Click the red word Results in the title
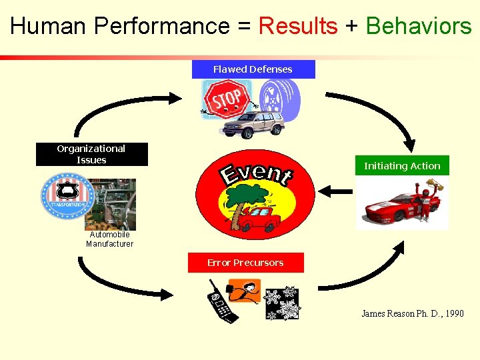297,26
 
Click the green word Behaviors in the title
419,26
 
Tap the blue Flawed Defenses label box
253,69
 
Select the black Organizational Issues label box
91,154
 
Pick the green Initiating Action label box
402,166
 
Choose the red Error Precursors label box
245,263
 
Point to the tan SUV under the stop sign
253,123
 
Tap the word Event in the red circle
257,173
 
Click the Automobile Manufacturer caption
109,239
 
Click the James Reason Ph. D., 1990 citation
412,313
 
